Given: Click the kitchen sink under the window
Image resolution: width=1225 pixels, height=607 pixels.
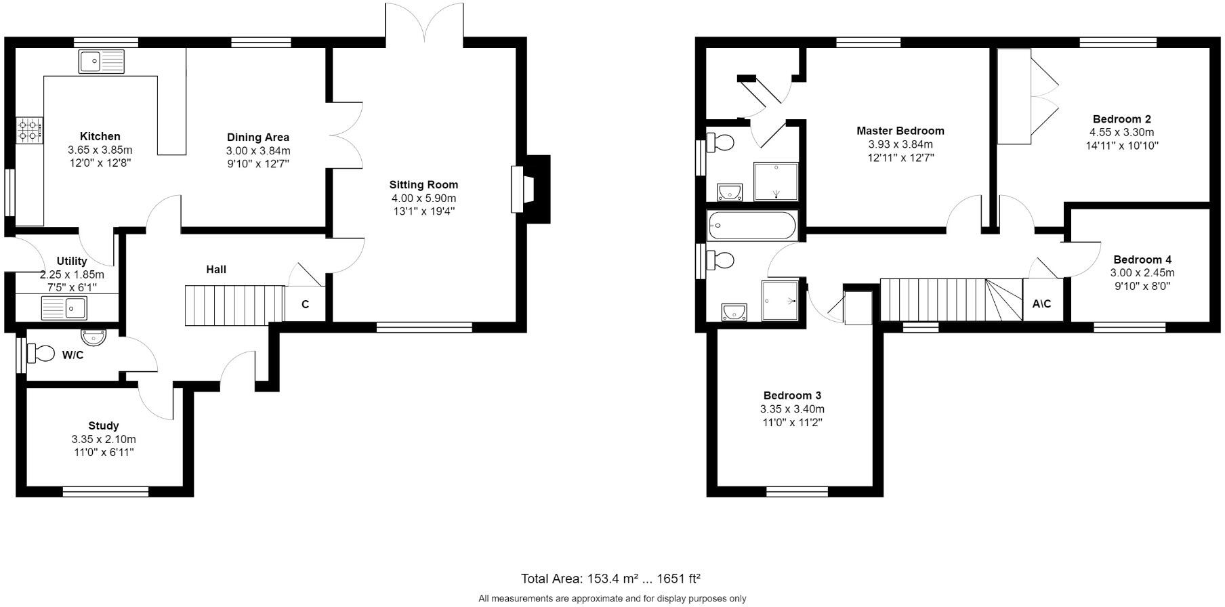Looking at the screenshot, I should click(102, 62).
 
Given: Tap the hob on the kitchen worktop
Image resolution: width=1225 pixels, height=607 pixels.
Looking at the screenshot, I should click(29, 129).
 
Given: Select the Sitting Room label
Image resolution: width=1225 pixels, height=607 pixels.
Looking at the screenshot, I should click(423, 184).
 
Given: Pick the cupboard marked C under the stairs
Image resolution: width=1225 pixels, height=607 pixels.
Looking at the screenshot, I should click(305, 304).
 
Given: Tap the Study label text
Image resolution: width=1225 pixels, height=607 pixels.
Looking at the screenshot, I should click(104, 425).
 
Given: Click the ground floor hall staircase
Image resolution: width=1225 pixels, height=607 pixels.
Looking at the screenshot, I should click(234, 305).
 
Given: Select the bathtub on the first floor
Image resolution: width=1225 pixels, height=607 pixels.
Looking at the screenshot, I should click(752, 226).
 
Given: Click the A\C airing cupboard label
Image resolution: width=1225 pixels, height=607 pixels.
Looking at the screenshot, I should click(1041, 303).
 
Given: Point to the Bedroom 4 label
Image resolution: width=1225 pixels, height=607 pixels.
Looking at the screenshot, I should click(1142, 259).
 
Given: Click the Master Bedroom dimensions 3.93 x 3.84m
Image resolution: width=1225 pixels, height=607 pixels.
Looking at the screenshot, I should click(900, 144).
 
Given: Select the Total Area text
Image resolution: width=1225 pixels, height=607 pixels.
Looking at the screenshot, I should click(610, 579).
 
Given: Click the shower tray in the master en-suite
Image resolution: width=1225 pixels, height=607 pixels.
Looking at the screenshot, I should click(776, 182).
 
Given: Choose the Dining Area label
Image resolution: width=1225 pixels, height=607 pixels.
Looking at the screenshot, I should click(258, 137).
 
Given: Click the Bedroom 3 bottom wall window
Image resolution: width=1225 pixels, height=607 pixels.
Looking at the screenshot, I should click(797, 491).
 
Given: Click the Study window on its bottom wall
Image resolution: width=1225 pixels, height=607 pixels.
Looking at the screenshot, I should click(105, 491).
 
